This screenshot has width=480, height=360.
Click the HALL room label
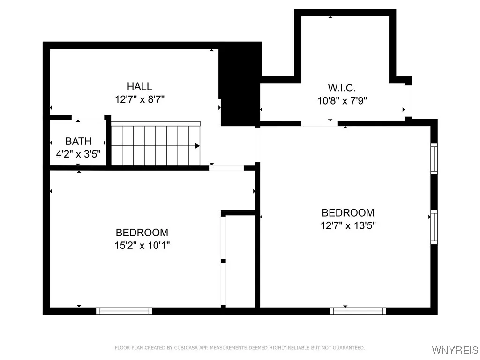[x=139, y=87]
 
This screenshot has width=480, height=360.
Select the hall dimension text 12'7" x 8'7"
[x=139, y=99]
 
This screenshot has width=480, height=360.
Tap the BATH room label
[x=78, y=141]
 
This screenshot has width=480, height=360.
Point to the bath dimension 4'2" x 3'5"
[x=78, y=153]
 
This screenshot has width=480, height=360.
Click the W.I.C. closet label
[x=341, y=88]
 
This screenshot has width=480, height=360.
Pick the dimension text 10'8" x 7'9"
[x=341, y=100]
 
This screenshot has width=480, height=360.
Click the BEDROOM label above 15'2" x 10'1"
[x=142, y=232]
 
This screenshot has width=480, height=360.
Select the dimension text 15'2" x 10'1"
[x=142, y=245]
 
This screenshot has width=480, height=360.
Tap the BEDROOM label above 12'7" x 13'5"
[x=348, y=213]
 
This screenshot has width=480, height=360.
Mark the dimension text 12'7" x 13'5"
[x=348, y=225]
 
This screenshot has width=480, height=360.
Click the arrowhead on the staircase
[x=197, y=146]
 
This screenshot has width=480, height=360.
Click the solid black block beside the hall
[x=240, y=84]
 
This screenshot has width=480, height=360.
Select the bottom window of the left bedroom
[x=124, y=310]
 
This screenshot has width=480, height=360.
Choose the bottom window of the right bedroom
[x=358, y=310]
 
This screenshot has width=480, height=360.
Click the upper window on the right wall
[x=434, y=159]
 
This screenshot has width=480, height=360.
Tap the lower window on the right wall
[x=434, y=227]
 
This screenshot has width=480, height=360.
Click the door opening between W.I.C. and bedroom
[x=319, y=124]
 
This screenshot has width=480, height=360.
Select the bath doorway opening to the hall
[x=88, y=119]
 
